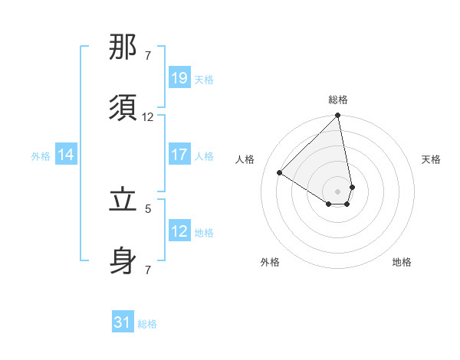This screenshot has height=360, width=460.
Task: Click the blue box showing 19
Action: [x=179, y=78]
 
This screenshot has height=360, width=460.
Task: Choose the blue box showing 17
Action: [x=179, y=155]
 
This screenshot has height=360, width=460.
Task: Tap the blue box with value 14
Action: [x=66, y=155]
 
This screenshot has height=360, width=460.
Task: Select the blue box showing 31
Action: [x=123, y=323]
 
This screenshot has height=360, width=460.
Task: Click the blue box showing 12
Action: [x=179, y=231]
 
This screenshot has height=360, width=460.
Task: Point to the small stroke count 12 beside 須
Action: [x=148, y=117]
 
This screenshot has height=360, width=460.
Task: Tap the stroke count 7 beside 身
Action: [x=148, y=270]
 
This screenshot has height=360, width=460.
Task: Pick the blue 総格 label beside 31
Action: [x=147, y=324]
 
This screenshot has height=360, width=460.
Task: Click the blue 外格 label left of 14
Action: [x=41, y=155]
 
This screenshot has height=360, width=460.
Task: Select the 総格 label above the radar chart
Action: [x=338, y=100]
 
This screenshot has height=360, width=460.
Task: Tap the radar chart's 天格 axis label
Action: [x=431, y=159]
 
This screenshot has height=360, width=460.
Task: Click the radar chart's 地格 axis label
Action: [x=402, y=262]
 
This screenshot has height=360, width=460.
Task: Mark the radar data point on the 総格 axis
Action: [x=338, y=116]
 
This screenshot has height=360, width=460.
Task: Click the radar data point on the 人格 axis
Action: [x=280, y=173]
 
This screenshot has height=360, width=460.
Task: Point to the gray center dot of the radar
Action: [x=338, y=191]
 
